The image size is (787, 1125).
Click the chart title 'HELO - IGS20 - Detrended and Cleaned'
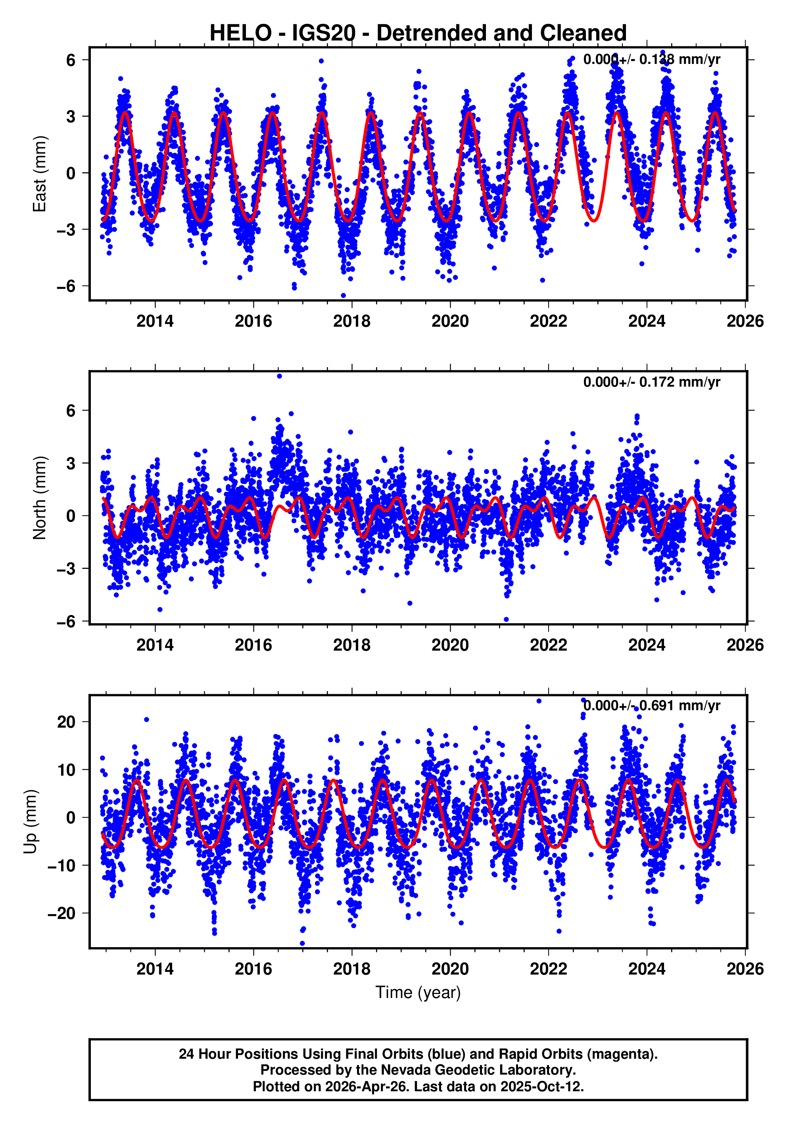(x=418, y=33)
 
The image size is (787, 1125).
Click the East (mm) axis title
(x=39, y=174)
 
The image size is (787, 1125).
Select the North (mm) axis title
(x=39, y=498)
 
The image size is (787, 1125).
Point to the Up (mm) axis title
(x=31, y=822)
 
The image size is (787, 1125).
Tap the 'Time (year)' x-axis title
(x=418, y=992)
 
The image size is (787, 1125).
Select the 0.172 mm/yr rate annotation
(x=651, y=382)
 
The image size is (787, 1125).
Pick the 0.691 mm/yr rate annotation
(x=651, y=705)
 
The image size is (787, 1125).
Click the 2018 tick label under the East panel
(x=351, y=322)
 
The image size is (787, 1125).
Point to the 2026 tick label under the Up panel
(x=745, y=969)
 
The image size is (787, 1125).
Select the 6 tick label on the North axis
(x=71, y=410)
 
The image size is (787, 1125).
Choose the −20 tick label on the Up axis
(x=61, y=913)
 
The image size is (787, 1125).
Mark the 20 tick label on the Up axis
(x=66, y=722)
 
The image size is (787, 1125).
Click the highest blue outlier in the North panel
(x=279, y=376)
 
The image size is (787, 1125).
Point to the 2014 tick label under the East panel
(x=155, y=322)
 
